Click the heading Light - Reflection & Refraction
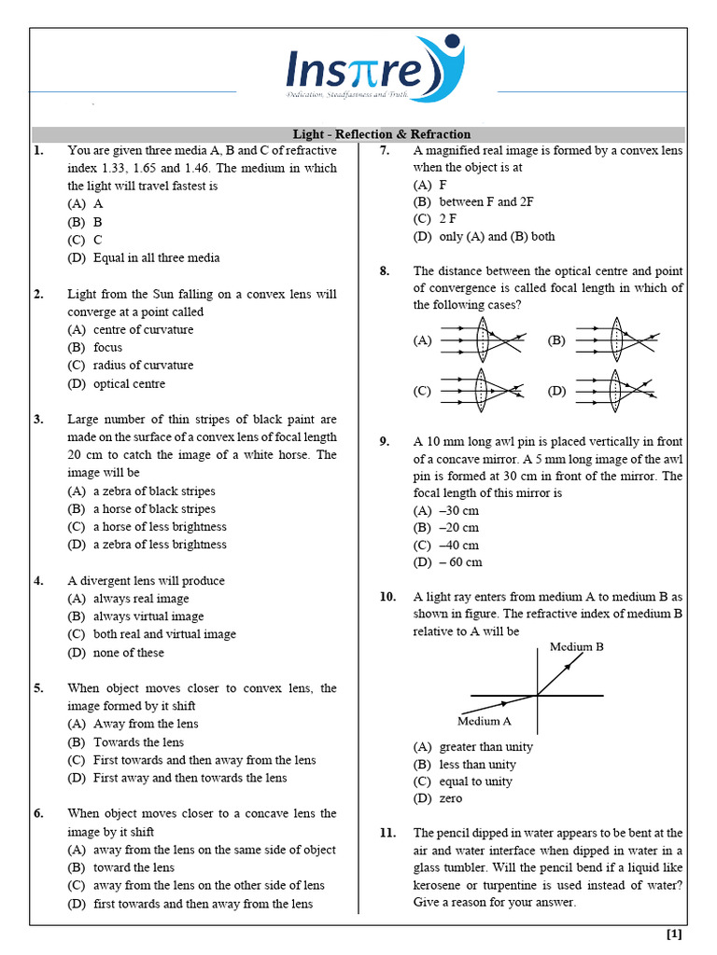(x=382, y=134)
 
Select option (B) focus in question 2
(x=107, y=348)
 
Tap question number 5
(x=38, y=688)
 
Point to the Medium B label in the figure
(x=576, y=646)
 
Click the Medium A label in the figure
(x=484, y=720)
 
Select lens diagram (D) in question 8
(x=616, y=391)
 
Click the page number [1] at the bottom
(x=674, y=934)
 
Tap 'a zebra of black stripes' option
(x=154, y=491)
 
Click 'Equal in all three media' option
(x=156, y=257)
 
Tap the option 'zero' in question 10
(x=450, y=798)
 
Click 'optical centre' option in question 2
(x=129, y=383)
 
